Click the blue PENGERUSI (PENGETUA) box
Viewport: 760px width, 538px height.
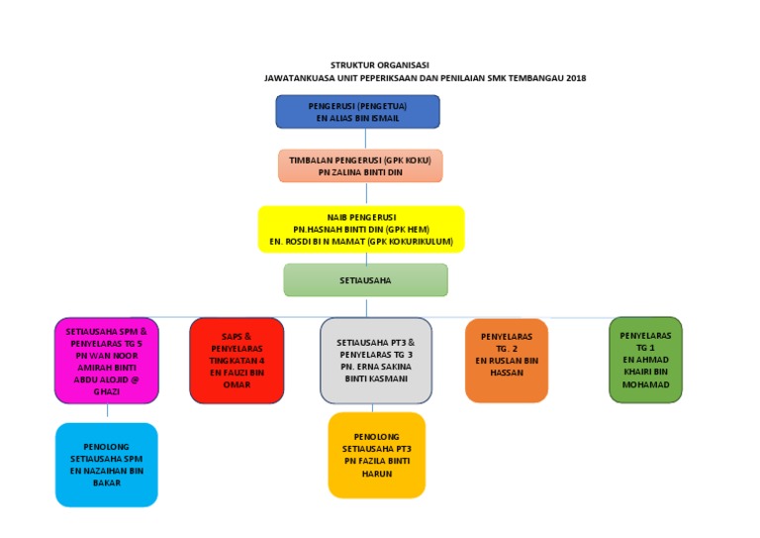click(357, 112)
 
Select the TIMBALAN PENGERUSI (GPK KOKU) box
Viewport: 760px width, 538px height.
click(359, 165)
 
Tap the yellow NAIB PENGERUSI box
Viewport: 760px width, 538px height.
click(360, 229)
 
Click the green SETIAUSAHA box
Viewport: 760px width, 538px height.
click(365, 280)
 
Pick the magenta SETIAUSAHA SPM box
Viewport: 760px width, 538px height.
click(106, 360)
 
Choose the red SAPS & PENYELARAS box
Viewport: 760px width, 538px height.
click(237, 360)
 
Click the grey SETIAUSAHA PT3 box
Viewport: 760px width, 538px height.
click(376, 360)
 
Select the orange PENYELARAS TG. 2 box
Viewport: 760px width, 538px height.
click(506, 360)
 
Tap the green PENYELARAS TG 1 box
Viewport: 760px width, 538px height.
click(645, 360)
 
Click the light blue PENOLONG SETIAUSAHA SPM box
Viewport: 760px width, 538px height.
click(107, 465)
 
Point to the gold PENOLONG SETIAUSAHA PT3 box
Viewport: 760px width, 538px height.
click(376, 455)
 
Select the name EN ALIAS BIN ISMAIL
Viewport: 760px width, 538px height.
click(357, 118)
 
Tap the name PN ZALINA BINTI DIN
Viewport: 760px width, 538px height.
click(359, 171)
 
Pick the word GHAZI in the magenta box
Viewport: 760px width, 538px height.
click(106, 391)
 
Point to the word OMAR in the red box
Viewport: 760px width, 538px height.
click(237, 383)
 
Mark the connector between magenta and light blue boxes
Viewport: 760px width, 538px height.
click(107, 413)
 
